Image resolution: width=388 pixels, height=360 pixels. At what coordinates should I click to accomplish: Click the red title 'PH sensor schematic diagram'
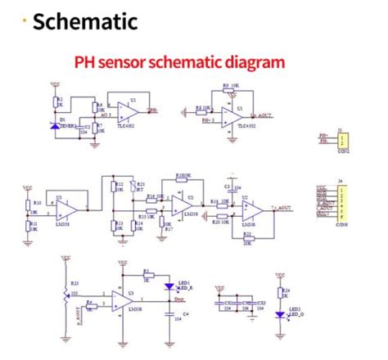[179, 62]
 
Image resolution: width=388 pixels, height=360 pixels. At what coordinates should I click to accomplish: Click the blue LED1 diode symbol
[169, 287]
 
